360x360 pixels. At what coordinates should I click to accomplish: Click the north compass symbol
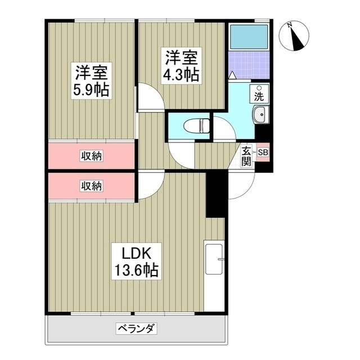(x=294, y=34)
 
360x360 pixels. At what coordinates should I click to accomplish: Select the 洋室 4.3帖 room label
(x=181, y=66)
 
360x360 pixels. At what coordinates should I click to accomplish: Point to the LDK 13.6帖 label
(x=136, y=260)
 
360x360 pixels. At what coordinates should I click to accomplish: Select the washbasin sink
(x=260, y=116)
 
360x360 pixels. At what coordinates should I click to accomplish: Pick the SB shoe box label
(x=263, y=152)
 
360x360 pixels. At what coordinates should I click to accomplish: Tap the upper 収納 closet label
(x=91, y=155)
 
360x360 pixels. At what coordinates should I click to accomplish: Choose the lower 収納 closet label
(x=91, y=185)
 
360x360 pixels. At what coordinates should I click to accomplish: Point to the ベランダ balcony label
(x=136, y=328)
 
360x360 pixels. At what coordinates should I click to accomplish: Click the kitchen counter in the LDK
(x=214, y=276)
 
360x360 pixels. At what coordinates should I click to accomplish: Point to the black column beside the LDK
(x=215, y=194)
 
